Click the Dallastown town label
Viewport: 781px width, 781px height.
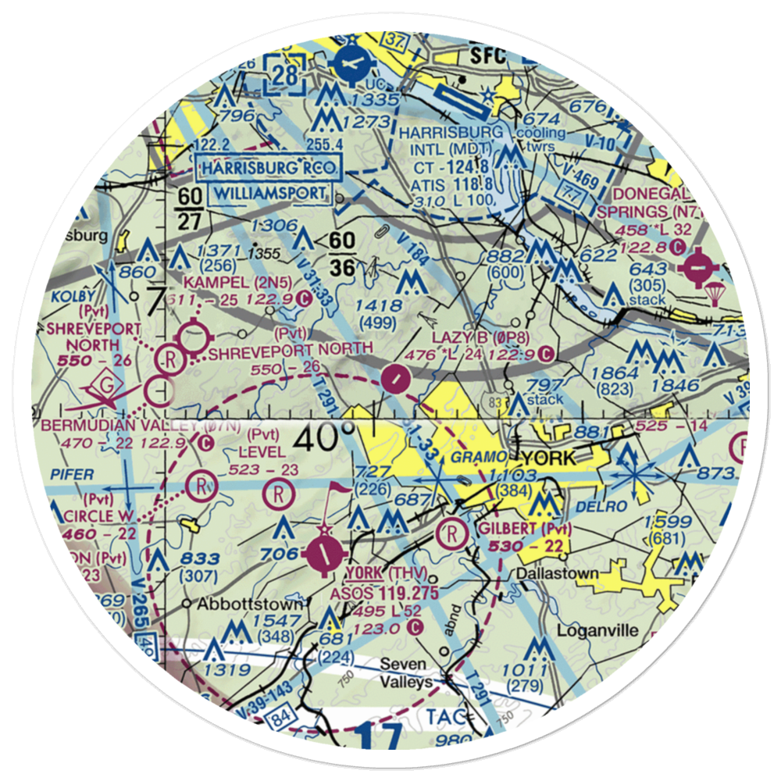click(558, 574)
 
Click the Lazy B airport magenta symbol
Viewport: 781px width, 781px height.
click(398, 380)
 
